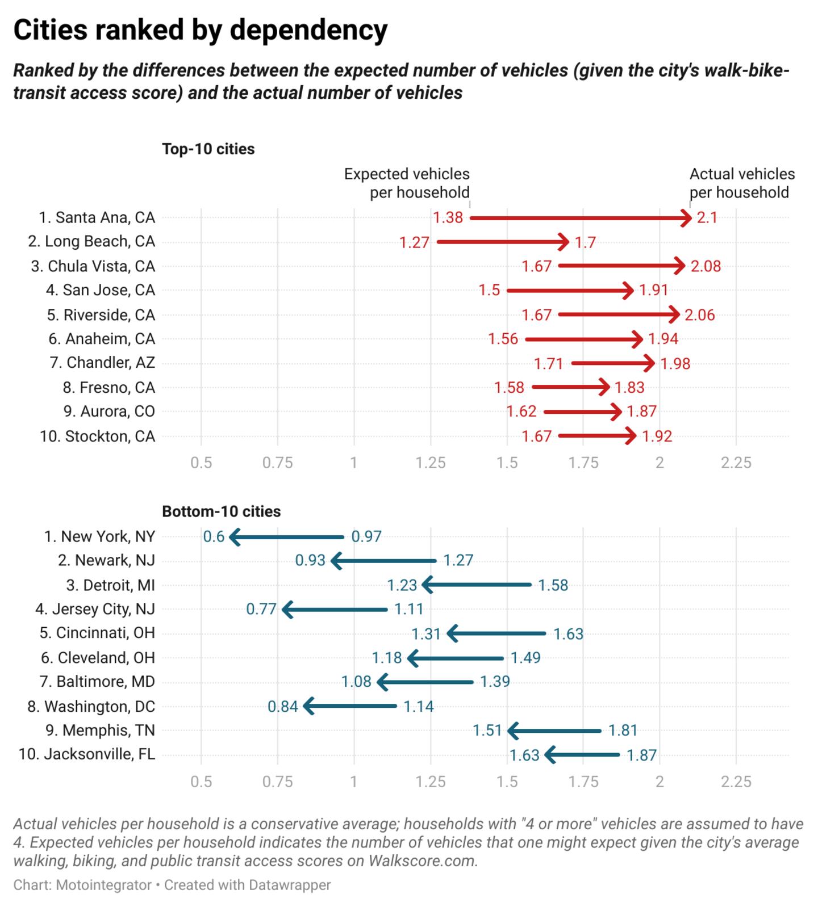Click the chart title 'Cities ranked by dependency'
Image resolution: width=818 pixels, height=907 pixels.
[x=200, y=30]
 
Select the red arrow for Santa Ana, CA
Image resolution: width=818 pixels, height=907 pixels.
[x=579, y=218]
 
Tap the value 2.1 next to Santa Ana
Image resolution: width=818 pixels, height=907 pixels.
[x=707, y=218]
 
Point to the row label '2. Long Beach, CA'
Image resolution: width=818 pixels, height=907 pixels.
[x=91, y=242]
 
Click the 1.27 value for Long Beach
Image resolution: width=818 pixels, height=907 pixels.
[x=414, y=243]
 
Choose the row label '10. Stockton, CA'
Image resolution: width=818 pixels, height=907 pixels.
[x=97, y=436]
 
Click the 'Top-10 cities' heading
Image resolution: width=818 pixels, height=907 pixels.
[x=208, y=149]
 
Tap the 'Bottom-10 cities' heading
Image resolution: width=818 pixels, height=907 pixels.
[x=222, y=512]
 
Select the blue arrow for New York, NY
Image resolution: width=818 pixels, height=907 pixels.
[x=287, y=537]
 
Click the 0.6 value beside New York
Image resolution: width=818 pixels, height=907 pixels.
[x=214, y=537]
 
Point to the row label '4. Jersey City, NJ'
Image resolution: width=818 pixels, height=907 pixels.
[x=95, y=610]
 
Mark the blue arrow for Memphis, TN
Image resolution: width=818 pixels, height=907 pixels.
[x=554, y=731]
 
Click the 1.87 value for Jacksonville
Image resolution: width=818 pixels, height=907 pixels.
[x=642, y=755]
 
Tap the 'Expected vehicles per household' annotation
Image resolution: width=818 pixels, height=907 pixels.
[x=407, y=183]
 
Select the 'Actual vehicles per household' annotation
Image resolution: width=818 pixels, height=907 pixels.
[x=741, y=183]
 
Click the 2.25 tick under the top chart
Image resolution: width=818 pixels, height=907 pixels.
[x=736, y=463]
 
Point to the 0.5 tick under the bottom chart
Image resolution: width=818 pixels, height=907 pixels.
[x=201, y=782]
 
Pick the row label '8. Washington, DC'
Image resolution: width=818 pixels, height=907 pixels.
[x=91, y=707]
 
